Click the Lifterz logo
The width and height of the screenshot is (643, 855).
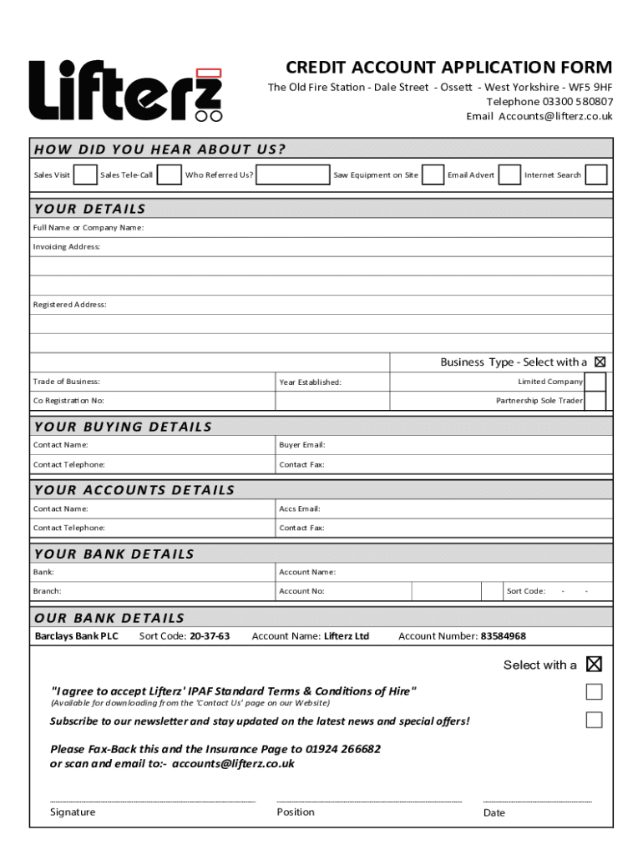126,91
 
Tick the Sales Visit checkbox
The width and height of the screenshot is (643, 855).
84,175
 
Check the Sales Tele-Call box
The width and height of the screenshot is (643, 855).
170,175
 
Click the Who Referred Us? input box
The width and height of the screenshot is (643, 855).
292,175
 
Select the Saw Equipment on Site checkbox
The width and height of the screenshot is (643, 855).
433,175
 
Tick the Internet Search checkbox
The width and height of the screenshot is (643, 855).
595,175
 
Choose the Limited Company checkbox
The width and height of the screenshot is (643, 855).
595,382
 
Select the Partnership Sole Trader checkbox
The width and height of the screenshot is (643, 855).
595,402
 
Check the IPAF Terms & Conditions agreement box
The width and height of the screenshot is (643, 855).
594,691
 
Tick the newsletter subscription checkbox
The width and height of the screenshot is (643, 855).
594,720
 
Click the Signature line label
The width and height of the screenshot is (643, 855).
73,812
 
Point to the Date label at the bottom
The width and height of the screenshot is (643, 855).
494,813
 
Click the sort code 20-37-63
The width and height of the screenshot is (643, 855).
210,636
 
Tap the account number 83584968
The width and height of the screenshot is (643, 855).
503,636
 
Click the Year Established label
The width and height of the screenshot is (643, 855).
310,382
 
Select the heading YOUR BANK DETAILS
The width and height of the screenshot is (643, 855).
114,554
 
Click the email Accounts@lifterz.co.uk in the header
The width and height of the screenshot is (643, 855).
555,116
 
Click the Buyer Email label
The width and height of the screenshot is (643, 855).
302,445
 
